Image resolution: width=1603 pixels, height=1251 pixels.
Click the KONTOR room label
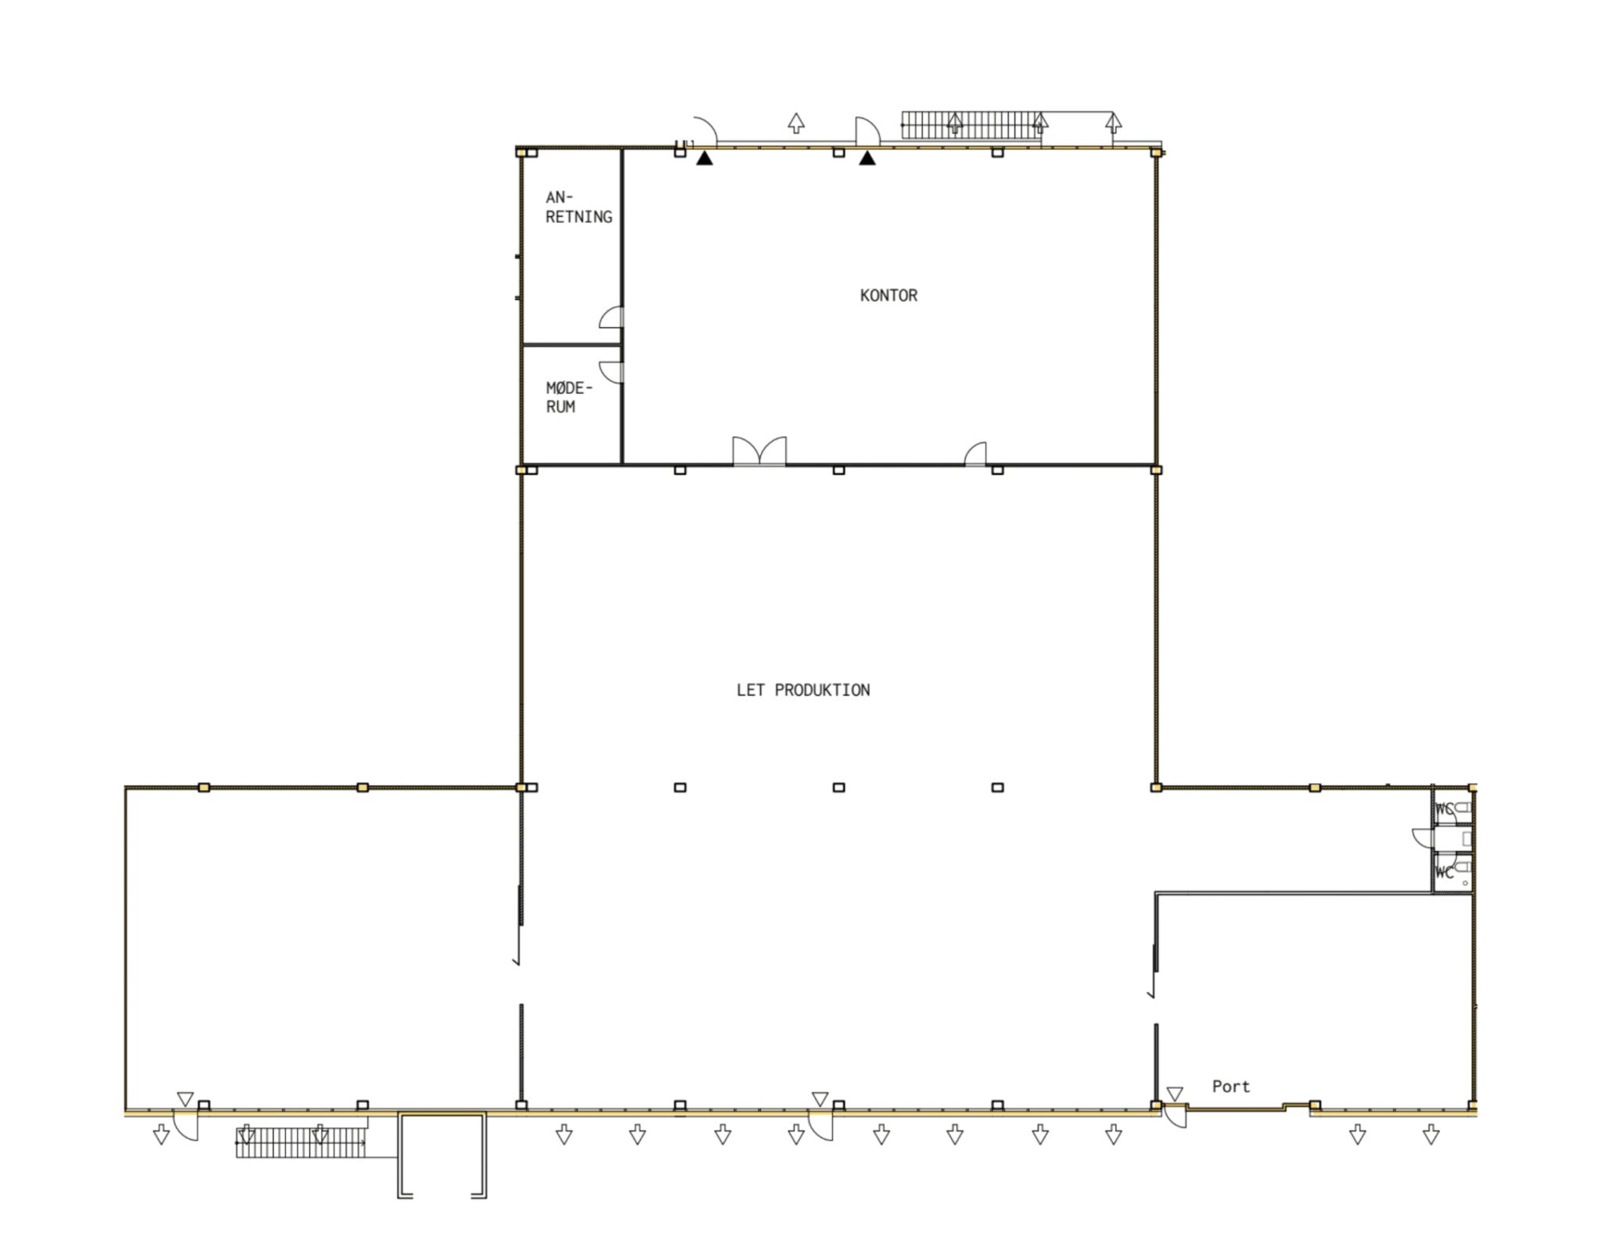pos(888,295)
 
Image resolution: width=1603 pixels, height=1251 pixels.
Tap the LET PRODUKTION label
pos(803,690)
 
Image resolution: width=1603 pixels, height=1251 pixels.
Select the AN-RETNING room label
pos(578,207)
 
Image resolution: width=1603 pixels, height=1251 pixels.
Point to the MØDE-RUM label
pos(569,397)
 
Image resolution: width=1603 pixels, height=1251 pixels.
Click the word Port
pos(1230,1086)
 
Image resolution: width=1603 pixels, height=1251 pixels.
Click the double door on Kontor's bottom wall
pos(759,452)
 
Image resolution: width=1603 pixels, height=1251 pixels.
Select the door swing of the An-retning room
pos(611,316)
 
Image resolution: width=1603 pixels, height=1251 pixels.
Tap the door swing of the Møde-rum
pos(611,372)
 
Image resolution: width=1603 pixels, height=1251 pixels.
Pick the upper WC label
pos(1444,809)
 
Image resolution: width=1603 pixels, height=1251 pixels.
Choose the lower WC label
pos(1444,872)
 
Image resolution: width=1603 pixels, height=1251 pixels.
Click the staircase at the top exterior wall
pos(971,125)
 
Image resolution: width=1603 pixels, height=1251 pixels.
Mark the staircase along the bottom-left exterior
pos(301,1142)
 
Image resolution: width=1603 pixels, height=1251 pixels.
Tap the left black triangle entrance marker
pos(704,158)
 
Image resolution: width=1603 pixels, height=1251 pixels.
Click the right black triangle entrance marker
pos(866,158)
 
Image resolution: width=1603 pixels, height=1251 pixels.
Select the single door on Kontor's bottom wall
pos(975,453)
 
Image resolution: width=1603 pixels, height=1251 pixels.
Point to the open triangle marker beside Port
pos(1174,1094)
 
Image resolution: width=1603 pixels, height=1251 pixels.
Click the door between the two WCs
pos(1423,838)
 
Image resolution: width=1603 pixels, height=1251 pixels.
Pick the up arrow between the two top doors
pos(796,123)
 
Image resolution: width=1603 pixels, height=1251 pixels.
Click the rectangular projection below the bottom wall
pos(442,1155)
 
